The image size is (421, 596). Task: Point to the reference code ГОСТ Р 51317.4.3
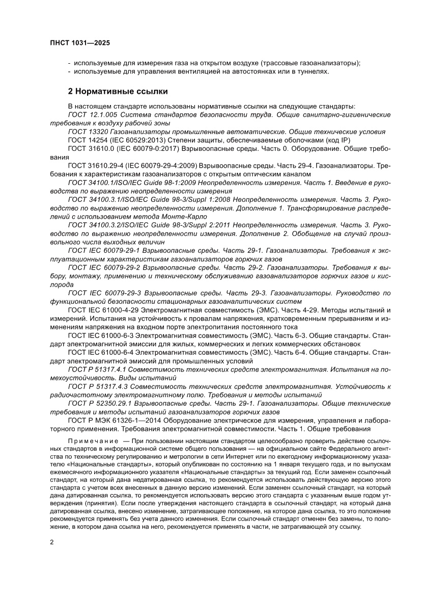97,386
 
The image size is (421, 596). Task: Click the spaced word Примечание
91,440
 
